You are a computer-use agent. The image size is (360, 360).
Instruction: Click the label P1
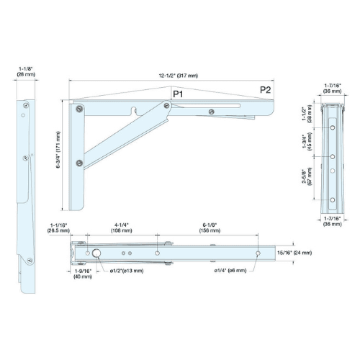[178, 94]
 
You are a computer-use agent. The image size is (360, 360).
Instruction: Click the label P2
[266, 89]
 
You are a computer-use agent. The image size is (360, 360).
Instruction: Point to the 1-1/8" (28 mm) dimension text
[26, 71]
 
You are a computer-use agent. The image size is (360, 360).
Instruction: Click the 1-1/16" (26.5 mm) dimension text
[58, 228]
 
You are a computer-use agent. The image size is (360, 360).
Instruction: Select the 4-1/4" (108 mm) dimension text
[121, 228]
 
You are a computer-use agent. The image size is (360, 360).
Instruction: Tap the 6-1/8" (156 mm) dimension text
[210, 228]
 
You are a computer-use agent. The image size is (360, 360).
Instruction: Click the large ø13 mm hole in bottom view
[96, 253]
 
